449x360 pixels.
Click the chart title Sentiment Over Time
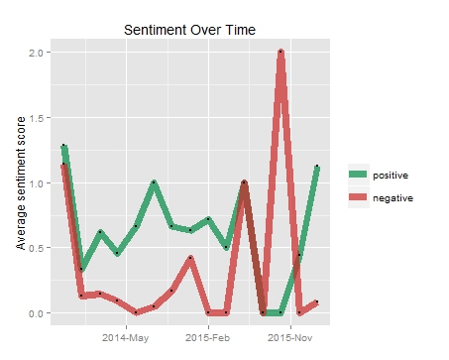click(x=190, y=30)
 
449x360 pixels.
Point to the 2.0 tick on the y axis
click(x=34, y=52)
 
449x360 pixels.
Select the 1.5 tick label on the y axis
click(x=34, y=117)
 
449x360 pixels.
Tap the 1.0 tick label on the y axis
click(x=34, y=182)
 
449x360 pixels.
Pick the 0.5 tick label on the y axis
click(x=34, y=248)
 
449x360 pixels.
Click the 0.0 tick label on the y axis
click(x=34, y=313)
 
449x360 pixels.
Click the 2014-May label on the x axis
click(x=126, y=338)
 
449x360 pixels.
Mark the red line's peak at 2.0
click(x=281, y=52)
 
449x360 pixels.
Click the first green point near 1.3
click(x=63, y=146)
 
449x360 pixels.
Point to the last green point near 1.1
click(x=317, y=167)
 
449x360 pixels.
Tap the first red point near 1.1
click(x=62, y=165)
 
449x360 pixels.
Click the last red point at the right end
click(x=317, y=301)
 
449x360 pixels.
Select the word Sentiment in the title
click(x=152, y=30)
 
